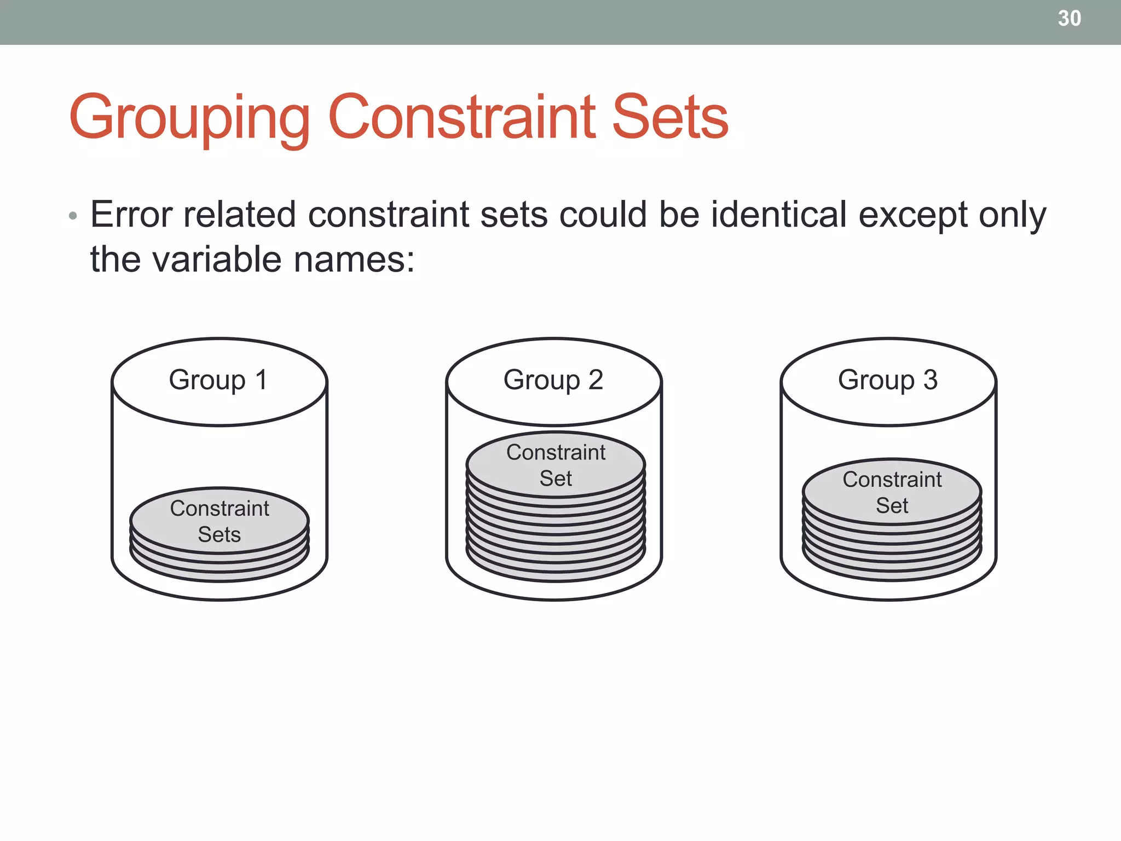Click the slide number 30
(1069, 19)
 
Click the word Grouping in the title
(189, 118)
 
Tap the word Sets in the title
(670, 117)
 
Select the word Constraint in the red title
(461, 117)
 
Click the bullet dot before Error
(73, 216)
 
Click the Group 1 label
(218, 380)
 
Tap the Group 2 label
(553, 380)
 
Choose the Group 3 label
(887, 380)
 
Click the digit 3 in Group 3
(931, 380)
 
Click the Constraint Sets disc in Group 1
(219, 520)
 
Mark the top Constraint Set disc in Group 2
(556, 464)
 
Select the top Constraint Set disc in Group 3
(892, 491)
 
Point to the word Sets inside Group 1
(219, 534)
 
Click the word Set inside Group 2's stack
(556, 479)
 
